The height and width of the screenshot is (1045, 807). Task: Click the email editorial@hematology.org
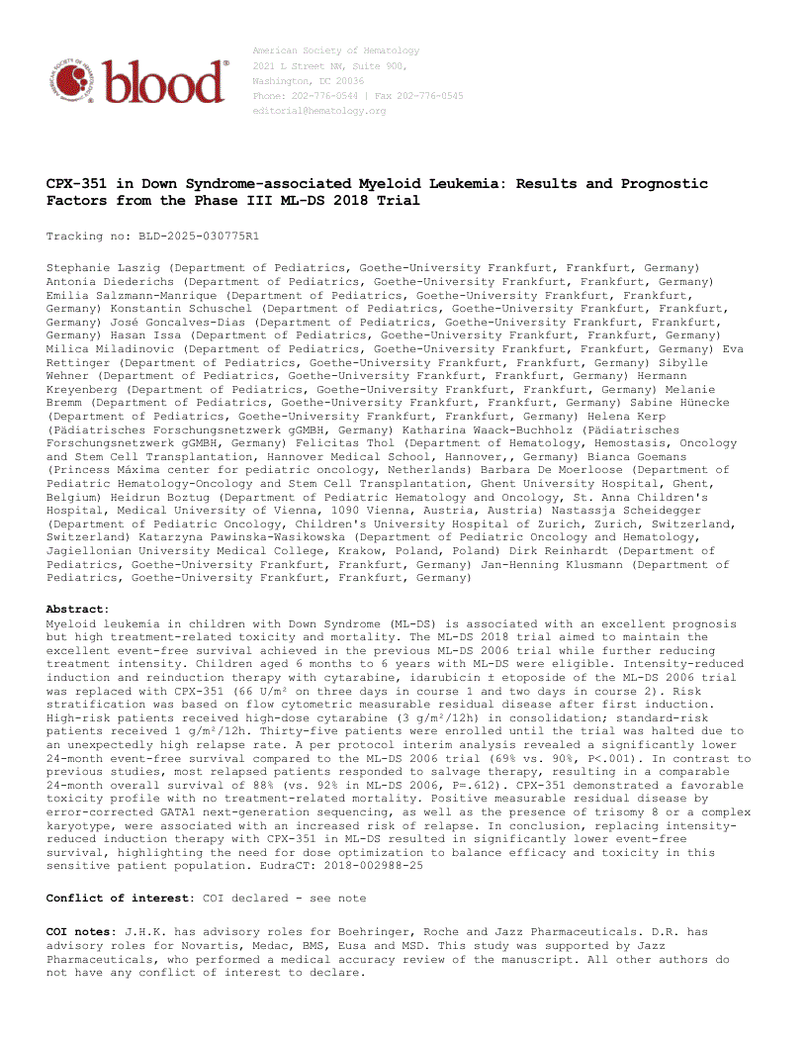319,111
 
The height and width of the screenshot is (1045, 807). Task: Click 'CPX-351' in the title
75,184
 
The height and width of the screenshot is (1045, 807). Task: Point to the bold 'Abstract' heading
75,610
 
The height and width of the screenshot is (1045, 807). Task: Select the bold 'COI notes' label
80,932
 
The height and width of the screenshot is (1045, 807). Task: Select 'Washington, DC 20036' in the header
308,81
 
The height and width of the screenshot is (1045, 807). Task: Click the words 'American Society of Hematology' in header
335,50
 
